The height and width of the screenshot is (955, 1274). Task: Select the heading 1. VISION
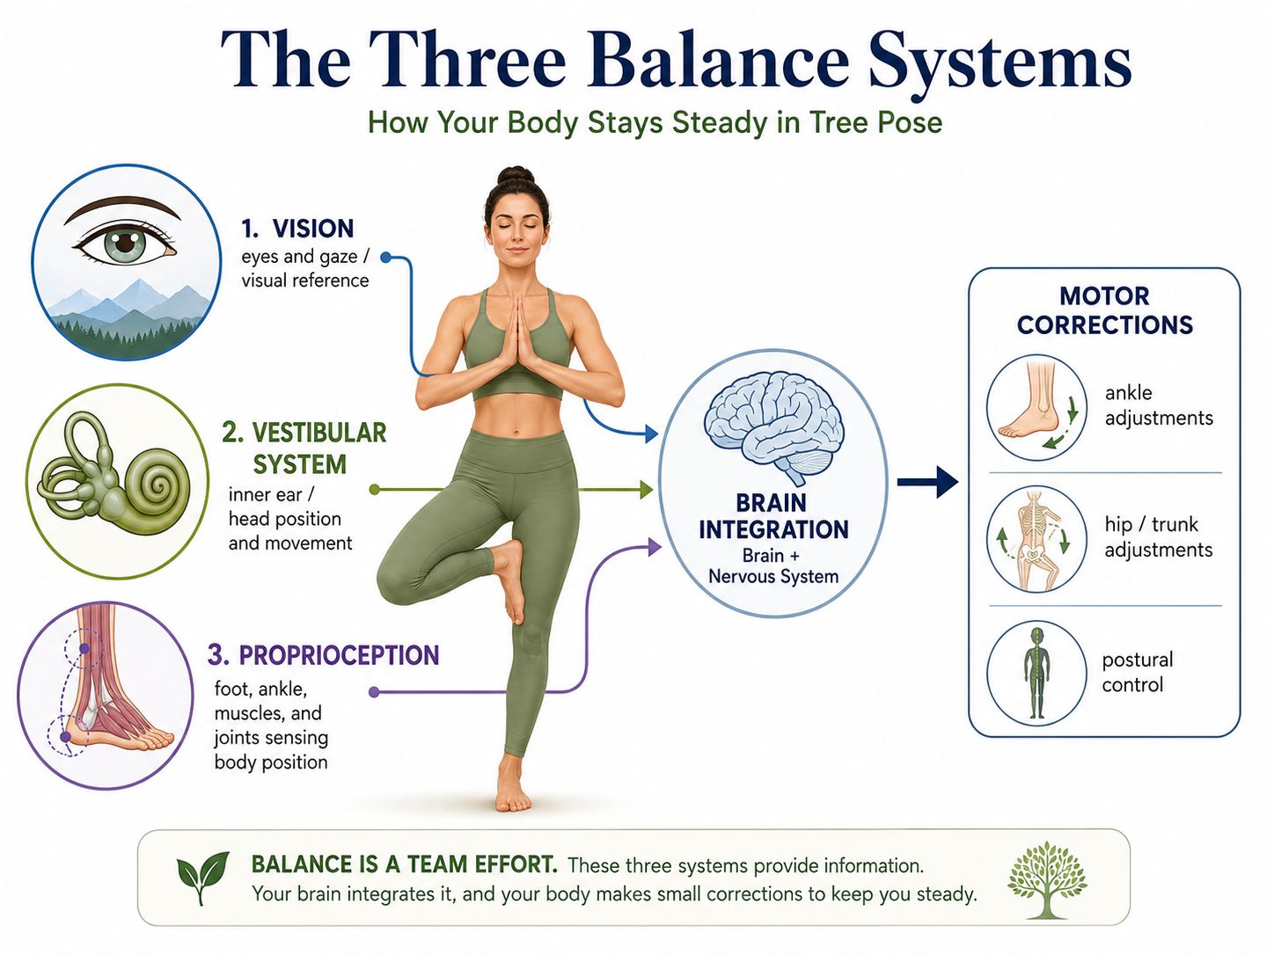coord(297,229)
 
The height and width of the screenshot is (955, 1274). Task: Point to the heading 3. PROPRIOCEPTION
coord(323,655)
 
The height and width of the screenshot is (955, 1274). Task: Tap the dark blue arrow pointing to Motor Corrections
coord(927,482)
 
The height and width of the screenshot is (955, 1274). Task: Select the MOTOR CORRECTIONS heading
coord(1104,310)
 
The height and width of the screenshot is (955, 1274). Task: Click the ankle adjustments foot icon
coord(1036,407)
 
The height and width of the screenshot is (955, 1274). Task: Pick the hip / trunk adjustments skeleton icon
coord(1036,539)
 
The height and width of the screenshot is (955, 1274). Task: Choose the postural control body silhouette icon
coord(1036,673)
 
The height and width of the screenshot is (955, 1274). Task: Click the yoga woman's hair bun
coord(516,175)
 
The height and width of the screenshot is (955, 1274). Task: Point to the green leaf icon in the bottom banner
coord(202,876)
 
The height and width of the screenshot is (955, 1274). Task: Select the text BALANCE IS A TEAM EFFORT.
coord(405,864)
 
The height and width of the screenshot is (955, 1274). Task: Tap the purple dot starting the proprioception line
coord(374,692)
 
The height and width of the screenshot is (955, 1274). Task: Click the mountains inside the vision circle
coord(128,313)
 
